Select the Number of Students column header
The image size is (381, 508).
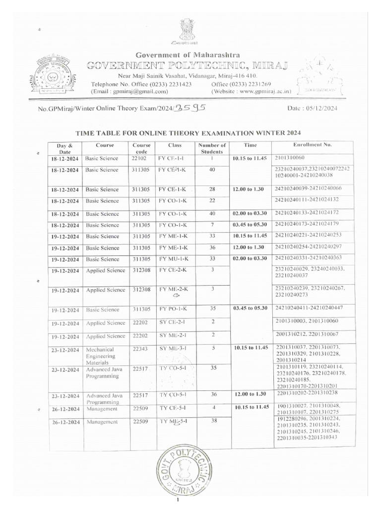point(212,148)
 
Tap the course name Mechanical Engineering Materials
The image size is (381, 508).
point(101,356)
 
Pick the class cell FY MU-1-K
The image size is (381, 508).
point(172,258)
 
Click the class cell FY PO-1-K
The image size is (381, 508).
point(173,309)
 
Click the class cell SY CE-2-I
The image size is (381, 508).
point(172,322)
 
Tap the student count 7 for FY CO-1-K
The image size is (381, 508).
point(212,225)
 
